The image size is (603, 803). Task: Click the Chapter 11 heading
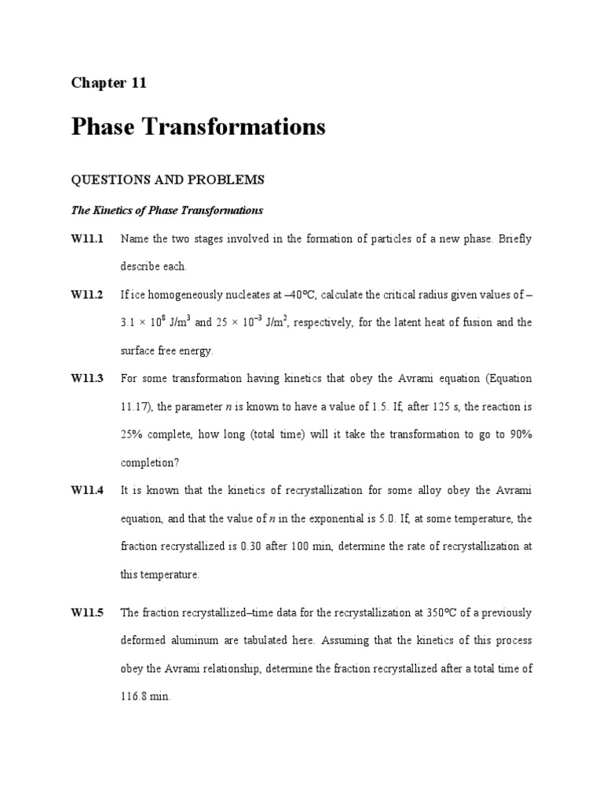[x=109, y=83]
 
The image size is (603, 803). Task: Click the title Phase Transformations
[x=198, y=126]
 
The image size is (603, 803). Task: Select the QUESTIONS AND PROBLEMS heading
[x=168, y=180]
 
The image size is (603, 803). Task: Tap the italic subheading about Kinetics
[x=167, y=210]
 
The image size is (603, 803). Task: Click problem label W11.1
[x=87, y=238]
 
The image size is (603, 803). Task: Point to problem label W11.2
[x=87, y=294]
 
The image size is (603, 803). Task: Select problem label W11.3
[x=87, y=378]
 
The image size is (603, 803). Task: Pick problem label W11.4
[x=87, y=490]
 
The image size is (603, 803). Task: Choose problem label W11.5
[x=87, y=612]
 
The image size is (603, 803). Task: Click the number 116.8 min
[x=145, y=696]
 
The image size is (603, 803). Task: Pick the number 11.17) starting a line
[x=138, y=406]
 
